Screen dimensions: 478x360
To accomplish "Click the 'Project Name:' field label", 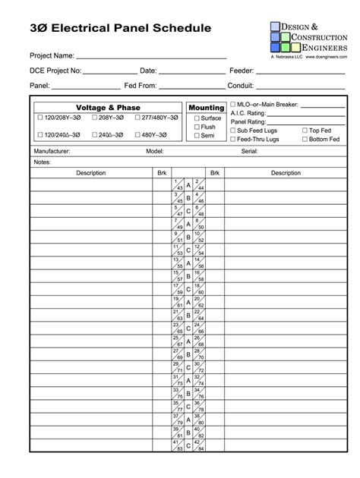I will tap(52, 56).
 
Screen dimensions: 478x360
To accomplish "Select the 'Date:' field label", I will tap(148, 71).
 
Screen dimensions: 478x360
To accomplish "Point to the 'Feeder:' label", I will tap(242, 71).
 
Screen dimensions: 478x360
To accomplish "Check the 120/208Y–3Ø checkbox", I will tap(40, 118).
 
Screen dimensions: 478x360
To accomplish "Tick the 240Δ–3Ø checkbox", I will tap(95, 135).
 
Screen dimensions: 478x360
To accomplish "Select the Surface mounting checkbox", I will tap(197, 118).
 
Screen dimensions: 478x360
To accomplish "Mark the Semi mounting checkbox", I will tap(197, 136).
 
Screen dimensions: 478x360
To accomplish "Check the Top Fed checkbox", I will tap(305, 131).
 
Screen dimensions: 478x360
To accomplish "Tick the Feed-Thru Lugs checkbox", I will tap(232, 140).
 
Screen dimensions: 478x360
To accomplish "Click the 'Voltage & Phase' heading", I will tap(108, 108).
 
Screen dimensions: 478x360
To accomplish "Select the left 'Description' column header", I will tap(90, 173).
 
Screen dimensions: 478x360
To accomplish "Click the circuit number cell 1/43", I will tap(178, 184).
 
